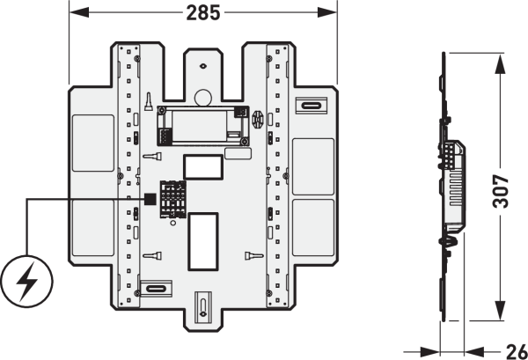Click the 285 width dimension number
203,13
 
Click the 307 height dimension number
501,191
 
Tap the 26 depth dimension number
517,352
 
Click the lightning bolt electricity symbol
27,282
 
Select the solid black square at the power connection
150,199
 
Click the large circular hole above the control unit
203,98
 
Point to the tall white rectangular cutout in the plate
203,241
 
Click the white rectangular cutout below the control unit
203,167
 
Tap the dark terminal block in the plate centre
172,199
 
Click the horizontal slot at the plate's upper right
312,106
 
